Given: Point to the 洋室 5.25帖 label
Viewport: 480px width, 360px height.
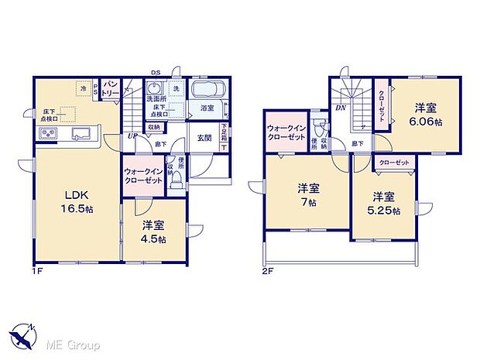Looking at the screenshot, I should click(384, 203).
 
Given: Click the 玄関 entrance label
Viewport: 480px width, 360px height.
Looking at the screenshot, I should click(204, 138).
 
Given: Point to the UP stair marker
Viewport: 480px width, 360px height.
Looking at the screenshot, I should click(132, 136).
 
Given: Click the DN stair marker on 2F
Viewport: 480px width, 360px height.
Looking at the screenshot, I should click(340, 107).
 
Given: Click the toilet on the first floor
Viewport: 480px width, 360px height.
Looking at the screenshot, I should click(177, 180).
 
